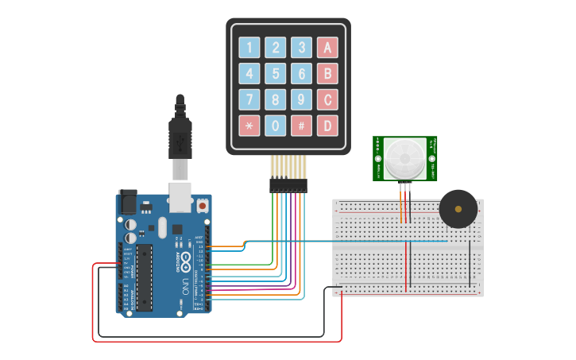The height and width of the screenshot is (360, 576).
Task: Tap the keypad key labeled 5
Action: (276, 74)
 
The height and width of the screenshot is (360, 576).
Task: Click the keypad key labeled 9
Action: (301, 100)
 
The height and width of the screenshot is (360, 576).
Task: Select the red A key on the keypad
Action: (327, 48)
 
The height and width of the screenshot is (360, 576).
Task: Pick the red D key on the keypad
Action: (327, 126)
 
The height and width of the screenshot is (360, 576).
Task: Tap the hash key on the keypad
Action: (301, 126)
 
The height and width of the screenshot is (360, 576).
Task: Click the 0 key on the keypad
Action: (276, 126)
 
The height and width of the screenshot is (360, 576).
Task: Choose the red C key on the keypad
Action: (327, 100)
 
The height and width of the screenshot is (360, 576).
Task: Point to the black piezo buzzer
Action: (458, 209)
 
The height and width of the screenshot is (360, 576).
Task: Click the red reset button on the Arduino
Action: (203, 206)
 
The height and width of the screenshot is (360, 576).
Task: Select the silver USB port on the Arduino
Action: (181, 198)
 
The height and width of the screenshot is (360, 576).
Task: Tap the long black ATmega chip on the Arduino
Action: (144, 277)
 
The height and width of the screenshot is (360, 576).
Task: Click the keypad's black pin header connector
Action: (288, 185)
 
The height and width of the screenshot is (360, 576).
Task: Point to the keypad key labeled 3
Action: (301, 48)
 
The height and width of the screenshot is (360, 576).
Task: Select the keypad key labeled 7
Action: (249, 100)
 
